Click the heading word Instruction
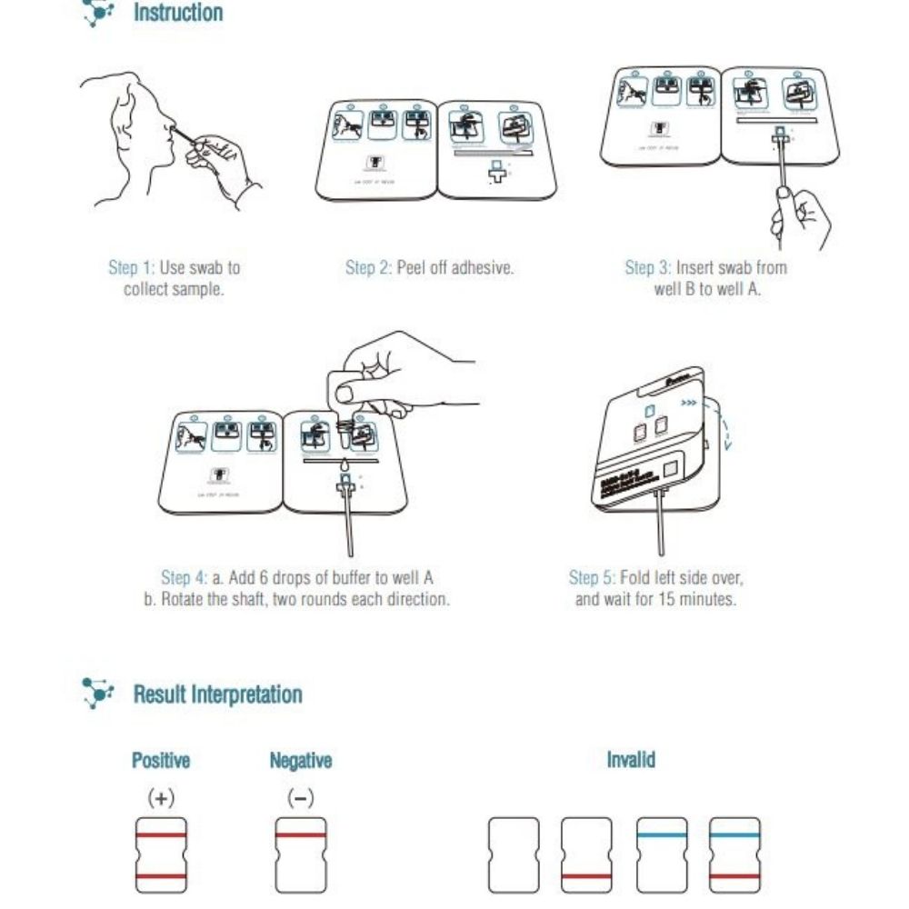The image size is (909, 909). [x=177, y=14]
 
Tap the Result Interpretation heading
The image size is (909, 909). [x=217, y=694]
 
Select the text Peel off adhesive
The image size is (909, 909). [x=455, y=268]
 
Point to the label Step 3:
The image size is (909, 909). [x=648, y=268]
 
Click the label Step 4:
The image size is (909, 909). [x=185, y=578]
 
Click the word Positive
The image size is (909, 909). [x=161, y=760]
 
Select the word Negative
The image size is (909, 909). [x=300, y=760]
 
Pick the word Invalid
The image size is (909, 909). [x=631, y=760]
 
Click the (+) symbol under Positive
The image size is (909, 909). [x=161, y=798]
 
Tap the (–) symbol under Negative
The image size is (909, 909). [x=300, y=798]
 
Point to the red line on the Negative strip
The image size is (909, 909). [x=300, y=834]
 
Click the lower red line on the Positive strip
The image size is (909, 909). [x=161, y=876]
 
